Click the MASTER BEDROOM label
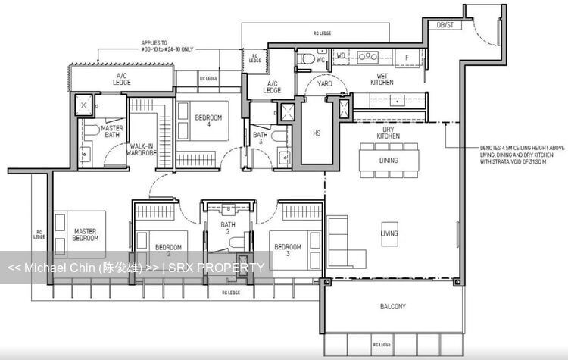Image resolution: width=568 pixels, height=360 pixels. tap(86, 234)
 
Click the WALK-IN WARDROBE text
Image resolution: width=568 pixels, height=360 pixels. tap(142, 149)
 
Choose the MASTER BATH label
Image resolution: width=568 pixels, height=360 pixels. tap(112, 132)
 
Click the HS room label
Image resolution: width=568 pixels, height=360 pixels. tap(317, 133)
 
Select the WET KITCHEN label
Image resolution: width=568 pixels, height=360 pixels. tap(382, 78)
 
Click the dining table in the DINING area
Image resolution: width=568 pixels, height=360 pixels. tap(389, 160)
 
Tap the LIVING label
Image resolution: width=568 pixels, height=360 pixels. tap(389, 233)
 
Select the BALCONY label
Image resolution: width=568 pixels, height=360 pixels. tap(392, 307)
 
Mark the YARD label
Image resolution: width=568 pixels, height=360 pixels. tap(325, 84)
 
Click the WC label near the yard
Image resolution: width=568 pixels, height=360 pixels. tap(320, 58)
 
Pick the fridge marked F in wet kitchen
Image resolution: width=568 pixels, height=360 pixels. tap(407, 57)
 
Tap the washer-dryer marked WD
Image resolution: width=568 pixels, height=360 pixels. tap(341, 55)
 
